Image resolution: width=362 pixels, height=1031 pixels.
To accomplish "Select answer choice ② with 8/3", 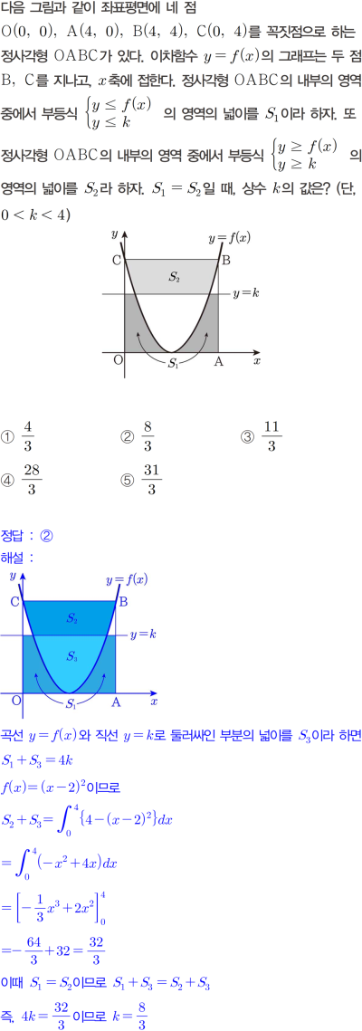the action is (138, 436).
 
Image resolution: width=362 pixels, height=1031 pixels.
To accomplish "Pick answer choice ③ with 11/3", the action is (262, 436).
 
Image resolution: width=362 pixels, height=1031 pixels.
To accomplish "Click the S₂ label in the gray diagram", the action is (174, 277).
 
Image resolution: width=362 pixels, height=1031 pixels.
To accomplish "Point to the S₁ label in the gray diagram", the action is (173, 363).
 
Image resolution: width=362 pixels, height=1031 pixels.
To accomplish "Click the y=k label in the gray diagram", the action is (246, 294).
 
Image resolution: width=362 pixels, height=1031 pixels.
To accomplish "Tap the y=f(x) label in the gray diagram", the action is (229, 237).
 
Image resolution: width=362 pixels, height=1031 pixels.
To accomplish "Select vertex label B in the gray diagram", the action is (225, 261).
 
